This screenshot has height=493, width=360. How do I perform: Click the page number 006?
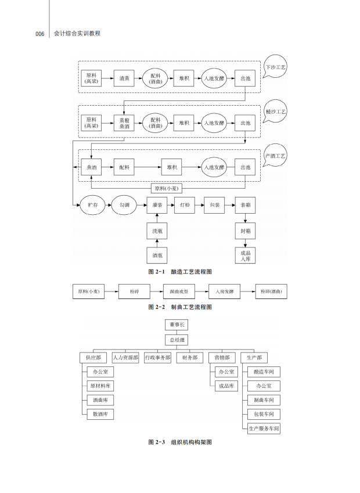coord(39,34)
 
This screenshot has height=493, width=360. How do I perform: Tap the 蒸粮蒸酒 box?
coord(124,123)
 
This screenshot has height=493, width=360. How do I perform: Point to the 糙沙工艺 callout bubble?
coord(275,111)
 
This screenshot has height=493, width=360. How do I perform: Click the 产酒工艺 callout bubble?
coord(275,156)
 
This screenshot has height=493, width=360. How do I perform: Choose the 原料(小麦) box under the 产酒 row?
coord(167,188)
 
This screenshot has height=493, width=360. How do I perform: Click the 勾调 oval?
coord(124,205)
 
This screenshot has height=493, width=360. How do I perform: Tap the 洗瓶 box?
coord(157,231)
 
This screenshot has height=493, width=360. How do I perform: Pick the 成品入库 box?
coord(246,256)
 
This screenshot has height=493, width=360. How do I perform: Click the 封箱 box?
coord(246,231)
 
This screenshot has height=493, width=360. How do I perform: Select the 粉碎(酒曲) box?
coord(271,292)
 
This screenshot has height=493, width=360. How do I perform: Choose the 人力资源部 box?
coord(125,358)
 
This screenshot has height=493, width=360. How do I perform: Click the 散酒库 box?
coord(99,414)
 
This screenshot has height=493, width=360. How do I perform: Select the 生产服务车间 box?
coord(264,429)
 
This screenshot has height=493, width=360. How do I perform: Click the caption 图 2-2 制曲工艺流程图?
coord(180,307)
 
